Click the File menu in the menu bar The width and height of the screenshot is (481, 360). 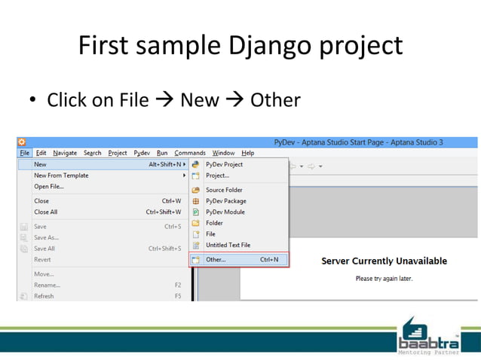click(x=24, y=153)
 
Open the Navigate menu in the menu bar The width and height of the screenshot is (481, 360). click(x=65, y=153)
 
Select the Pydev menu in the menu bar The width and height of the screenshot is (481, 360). click(x=142, y=153)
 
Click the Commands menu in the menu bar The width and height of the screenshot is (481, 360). click(x=190, y=153)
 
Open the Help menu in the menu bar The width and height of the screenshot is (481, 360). click(x=247, y=153)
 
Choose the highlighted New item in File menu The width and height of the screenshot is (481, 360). click(x=41, y=164)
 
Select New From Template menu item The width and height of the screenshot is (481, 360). click(x=61, y=175)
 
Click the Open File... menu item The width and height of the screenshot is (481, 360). click(x=49, y=187)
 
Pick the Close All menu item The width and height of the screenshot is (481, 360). click(x=45, y=212)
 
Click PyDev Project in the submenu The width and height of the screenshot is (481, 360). click(x=224, y=164)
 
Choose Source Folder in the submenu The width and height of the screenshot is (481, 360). click(x=224, y=190)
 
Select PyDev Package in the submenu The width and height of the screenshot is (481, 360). click(x=225, y=201)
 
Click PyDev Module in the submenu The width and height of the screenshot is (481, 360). click(x=225, y=212)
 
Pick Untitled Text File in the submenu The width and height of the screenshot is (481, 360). click(x=228, y=245)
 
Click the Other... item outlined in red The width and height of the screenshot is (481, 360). click(x=216, y=260)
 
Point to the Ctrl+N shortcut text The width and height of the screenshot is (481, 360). click(x=269, y=260)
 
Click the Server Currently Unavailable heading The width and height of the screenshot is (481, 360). click(x=384, y=261)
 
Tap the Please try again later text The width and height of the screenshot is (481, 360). click(x=384, y=278)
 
